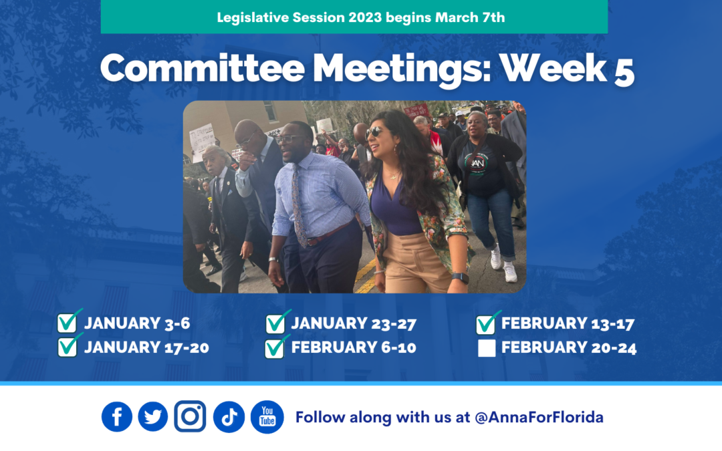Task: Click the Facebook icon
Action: (117, 417)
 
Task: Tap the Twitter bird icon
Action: (153, 417)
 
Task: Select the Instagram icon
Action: (190, 416)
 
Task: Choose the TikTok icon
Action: (229, 417)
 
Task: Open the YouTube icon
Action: (267, 417)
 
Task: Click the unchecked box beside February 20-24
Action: (487, 348)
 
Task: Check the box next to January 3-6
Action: (67, 324)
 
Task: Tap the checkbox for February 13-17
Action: (486, 325)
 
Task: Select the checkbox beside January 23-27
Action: (275, 324)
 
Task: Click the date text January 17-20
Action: (146, 347)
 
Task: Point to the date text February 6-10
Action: (354, 347)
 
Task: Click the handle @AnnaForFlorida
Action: (539, 418)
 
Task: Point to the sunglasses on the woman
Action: (375, 132)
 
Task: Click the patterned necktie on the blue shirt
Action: (298, 204)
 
